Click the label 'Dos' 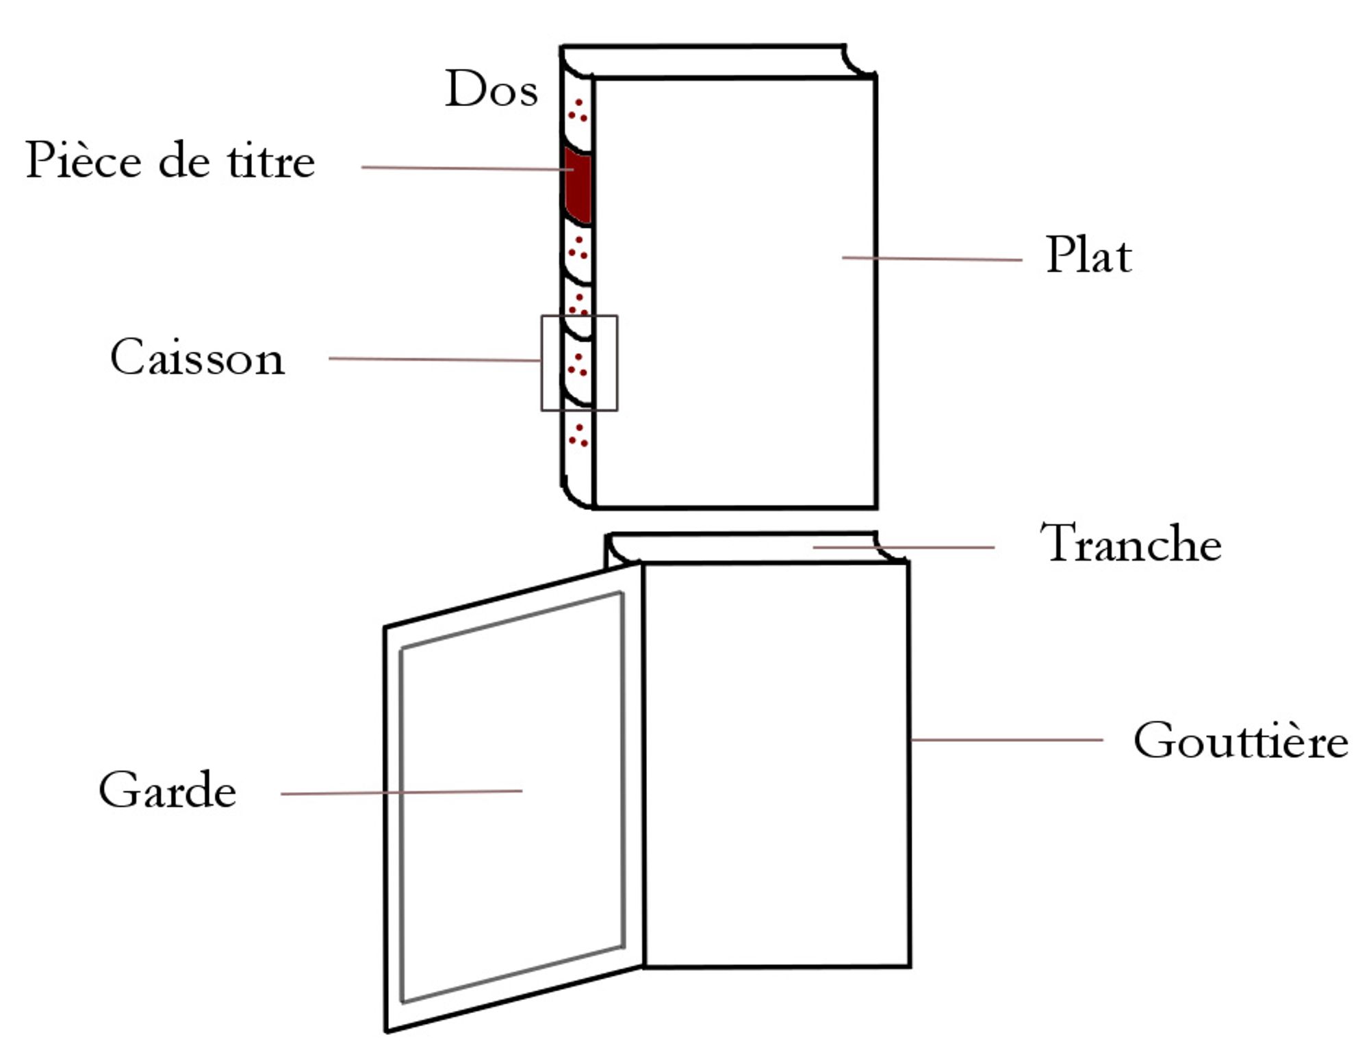click(x=491, y=89)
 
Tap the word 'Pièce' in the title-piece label click(x=83, y=160)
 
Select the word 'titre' click(x=271, y=162)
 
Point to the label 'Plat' click(x=1088, y=255)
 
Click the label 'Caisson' click(x=197, y=357)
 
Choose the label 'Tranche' click(x=1131, y=543)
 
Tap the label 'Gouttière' click(x=1240, y=741)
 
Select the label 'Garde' click(x=167, y=791)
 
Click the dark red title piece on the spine click(x=577, y=185)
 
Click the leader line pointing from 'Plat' click(x=931, y=259)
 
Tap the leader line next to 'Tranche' click(x=904, y=547)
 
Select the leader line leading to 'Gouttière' click(x=1006, y=740)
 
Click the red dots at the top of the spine click(x=578, y=112)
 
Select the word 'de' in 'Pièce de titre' click(x=183, y=162)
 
